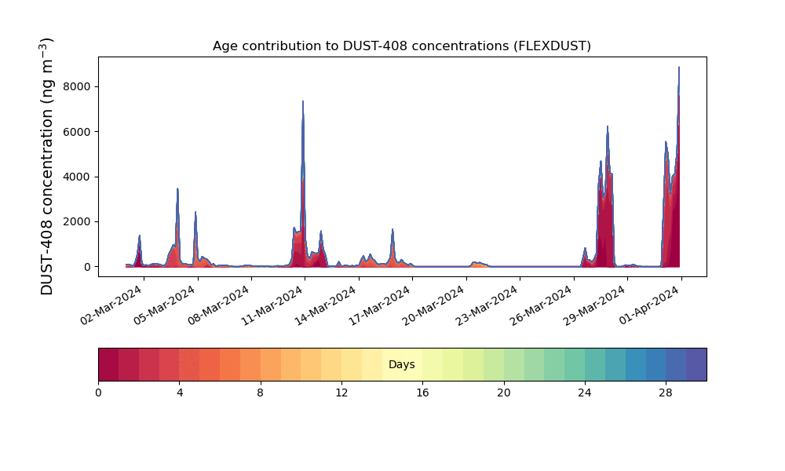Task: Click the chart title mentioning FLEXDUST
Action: (401, 46)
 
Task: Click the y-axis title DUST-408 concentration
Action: (46, 166)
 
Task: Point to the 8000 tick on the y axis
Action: (77, 86)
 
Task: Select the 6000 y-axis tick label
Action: (77, 132)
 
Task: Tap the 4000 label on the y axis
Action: (77, 177)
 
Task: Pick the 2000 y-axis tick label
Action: (77, 221)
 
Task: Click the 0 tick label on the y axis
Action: (88, 267)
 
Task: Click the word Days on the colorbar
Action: (401, 364)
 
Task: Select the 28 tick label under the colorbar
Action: (666, 393)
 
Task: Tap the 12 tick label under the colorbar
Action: (341, 393)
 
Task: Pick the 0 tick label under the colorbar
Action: (98, 393)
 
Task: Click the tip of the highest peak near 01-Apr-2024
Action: (679, 67)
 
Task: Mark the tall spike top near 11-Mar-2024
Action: (303, 101)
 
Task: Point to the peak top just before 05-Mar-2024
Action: (177, 188)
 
